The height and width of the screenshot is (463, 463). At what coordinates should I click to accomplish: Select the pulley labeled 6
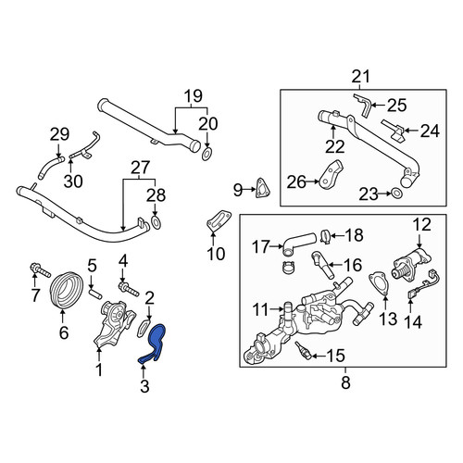click(x=67, y=289)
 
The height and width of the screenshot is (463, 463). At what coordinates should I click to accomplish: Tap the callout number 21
click(x=360, y=77)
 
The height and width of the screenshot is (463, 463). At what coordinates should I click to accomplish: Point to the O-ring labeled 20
click(x=206, y=155)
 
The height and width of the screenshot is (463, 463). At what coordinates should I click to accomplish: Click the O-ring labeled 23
click(x=396, y=194)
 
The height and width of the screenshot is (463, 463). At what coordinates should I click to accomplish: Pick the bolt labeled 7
click(x=40, y=270)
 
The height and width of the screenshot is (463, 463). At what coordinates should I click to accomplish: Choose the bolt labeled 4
click(x=128, y=289)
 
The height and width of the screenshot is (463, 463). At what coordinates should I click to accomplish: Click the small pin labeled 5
click(x=95, y=294)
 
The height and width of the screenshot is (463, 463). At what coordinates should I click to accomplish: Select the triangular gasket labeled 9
click(x=262, y=188)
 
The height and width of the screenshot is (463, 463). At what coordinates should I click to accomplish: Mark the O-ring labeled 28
click(x=156, y=223)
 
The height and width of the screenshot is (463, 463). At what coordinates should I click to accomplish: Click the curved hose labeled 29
click(x=51, y=167)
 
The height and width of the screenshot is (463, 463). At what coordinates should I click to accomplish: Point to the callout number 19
click(x=194, y=96)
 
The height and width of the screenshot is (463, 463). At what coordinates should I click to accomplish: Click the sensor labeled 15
click(x=302, y=350)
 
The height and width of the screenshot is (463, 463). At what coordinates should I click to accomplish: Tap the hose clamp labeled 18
click(x=325, y=236)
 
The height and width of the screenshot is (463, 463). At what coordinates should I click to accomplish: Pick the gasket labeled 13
click(x=379, y=282)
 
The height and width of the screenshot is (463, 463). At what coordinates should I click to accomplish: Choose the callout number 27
click(x=141, y=168)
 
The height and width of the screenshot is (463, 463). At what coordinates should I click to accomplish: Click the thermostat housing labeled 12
click(x=410, y=262)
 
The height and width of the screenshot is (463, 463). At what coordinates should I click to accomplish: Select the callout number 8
click(x=345, y=382)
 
